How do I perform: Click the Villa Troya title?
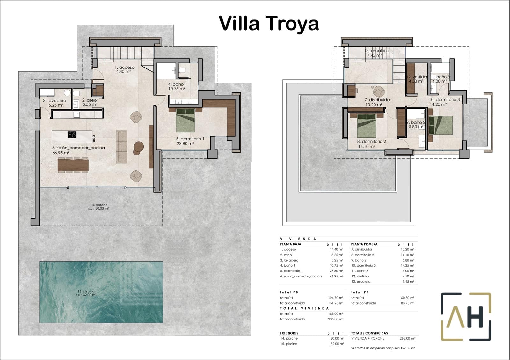point(269,23)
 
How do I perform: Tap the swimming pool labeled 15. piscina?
point(101,292)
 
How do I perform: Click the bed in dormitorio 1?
point(186,120)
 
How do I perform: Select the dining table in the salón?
point(73,165)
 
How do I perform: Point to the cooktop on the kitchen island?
point(72,134)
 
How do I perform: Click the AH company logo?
point(466,317)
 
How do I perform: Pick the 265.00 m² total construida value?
point(407,338)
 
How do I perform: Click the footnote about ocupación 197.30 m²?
point(382,348)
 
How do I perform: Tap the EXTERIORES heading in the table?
point(289,333)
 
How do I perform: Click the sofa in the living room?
point(121,147)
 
